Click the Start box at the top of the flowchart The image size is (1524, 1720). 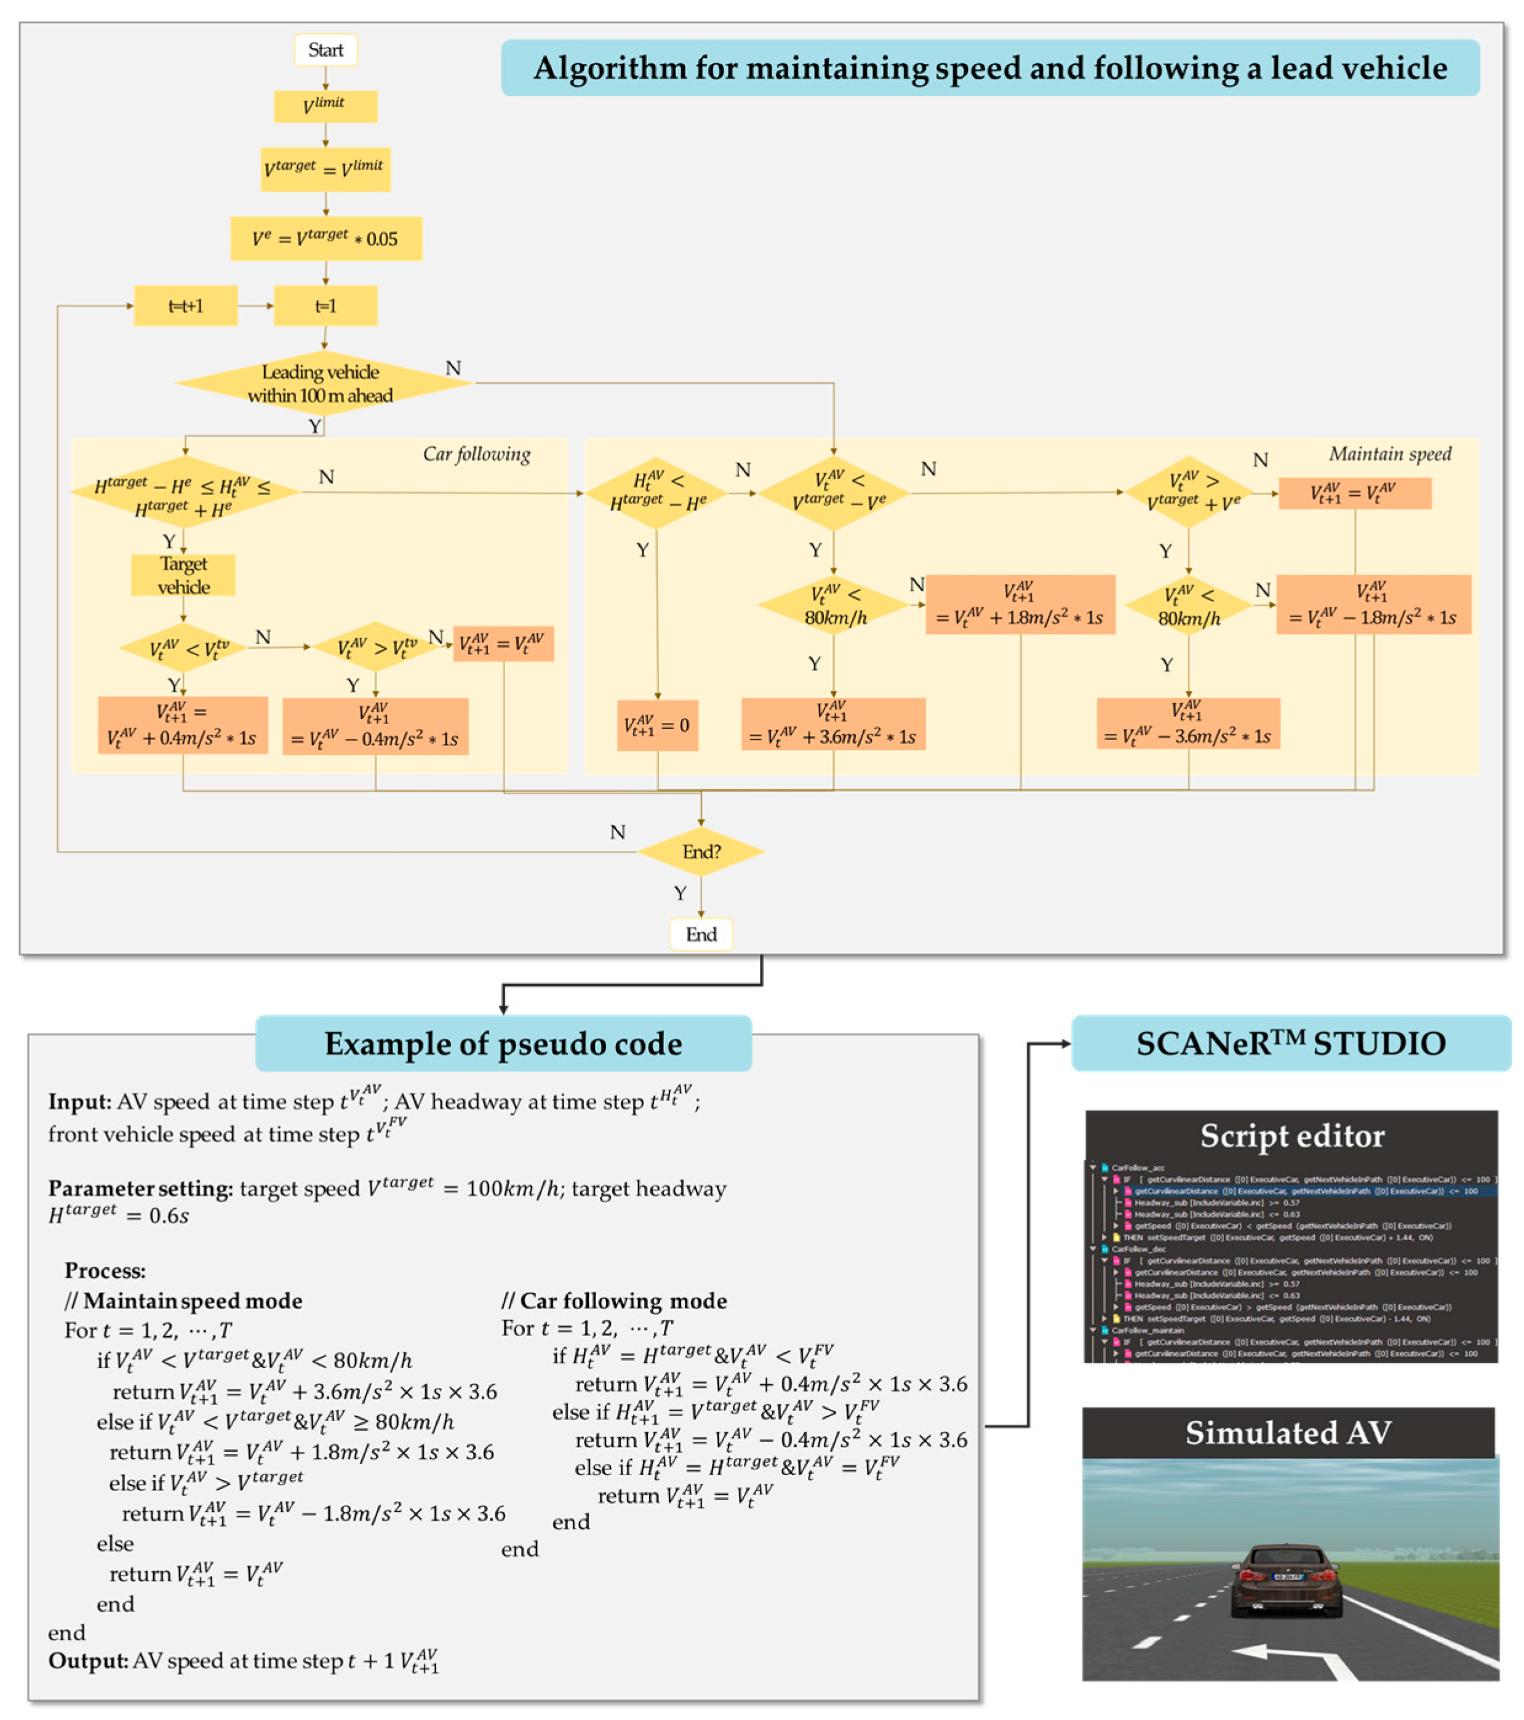point(325,50)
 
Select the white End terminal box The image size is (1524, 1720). point(700,934)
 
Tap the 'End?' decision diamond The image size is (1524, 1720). point(700,851)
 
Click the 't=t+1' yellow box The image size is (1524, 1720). point(185,306)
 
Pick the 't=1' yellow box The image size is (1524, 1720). point(325,306)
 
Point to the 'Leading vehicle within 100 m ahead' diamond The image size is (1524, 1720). point(321,384)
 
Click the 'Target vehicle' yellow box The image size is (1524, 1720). point(183,575)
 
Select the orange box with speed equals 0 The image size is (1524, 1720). point(656,725)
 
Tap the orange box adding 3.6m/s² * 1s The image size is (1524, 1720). point(832,723)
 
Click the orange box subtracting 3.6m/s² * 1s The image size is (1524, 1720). point(1187,723)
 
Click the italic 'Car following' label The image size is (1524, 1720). point(476,455)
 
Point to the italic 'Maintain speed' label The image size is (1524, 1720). point(1389,455)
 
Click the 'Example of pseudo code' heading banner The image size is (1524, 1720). point(503,1043)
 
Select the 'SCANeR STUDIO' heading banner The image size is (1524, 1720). point(1290,1043)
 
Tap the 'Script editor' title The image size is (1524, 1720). point(1291,1136)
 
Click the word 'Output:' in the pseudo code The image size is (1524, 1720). point(87,1660)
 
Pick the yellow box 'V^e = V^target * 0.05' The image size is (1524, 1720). point(325,239)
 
